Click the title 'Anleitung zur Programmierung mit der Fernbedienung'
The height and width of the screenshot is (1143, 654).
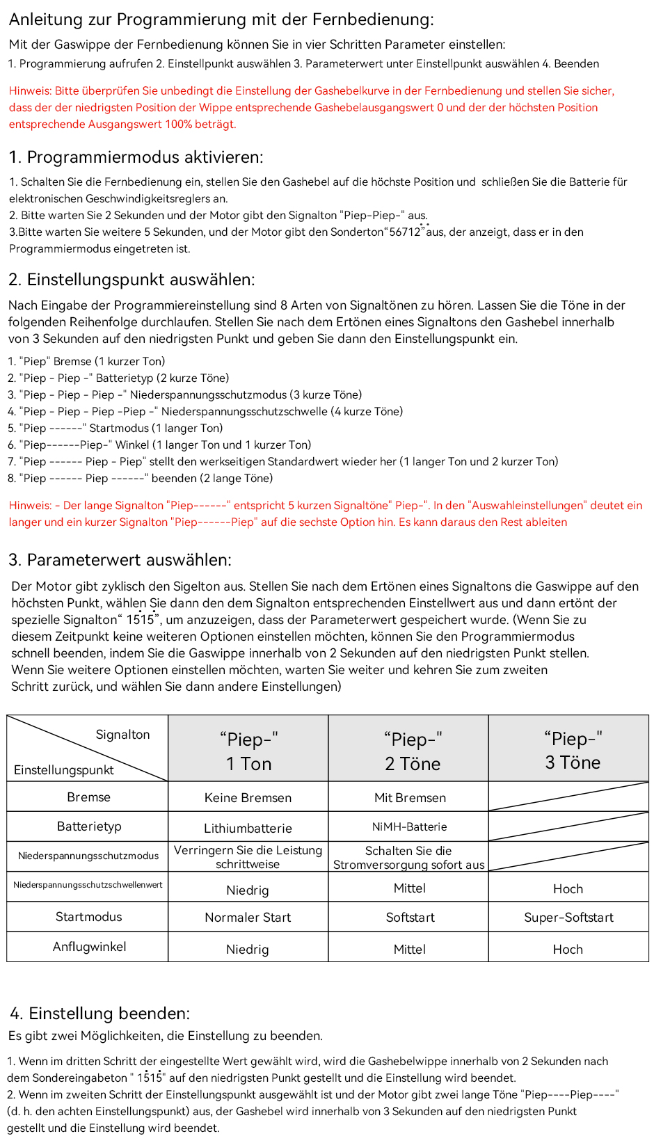tap(221, 19)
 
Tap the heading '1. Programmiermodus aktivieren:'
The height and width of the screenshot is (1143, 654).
tap(136, 157)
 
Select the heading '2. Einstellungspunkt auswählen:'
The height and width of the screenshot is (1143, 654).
tap(131, 280)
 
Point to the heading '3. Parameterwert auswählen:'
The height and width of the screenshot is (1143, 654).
tap(120, 560)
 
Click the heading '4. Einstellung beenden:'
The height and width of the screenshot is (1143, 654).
tap(99, 1013)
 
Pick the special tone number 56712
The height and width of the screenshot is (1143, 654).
tap(405, 232)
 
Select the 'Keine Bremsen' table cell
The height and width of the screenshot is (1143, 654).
tap(248, 798)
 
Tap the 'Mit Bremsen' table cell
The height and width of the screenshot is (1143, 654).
tap(410, 798)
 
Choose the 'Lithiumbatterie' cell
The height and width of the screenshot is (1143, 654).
tap(248, 829)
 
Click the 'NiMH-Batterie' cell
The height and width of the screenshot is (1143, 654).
tap(409, 827)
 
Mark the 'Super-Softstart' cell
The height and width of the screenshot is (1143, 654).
tap(568, 918)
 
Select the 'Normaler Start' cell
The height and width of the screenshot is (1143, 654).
tap(248, 918)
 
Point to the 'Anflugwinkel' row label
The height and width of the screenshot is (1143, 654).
tap(89, 947)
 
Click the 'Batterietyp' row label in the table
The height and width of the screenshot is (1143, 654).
tap(88, 826)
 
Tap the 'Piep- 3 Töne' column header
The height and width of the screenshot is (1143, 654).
tap(573, 750)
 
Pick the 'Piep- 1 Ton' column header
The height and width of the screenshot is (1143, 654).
tap(248, 751)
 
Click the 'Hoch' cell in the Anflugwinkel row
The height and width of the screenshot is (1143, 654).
tap(568, 950)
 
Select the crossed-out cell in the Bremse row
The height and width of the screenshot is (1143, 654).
tap(568, 797)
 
